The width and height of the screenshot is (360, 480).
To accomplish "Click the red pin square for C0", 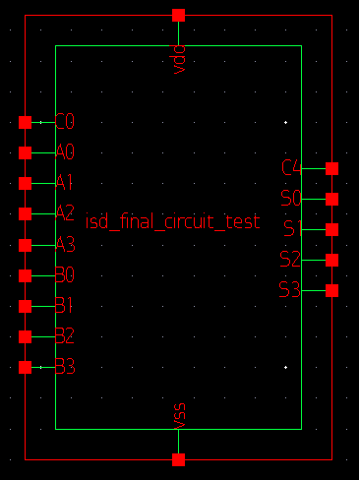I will [26, 122].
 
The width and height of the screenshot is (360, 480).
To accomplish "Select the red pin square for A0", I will [26, 152].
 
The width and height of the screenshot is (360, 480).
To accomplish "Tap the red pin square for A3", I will [26, 245].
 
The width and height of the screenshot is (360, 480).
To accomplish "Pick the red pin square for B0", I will [26, 275].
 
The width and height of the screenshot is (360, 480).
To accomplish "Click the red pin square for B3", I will [26, 367].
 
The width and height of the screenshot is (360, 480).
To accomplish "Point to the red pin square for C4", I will [331, 168].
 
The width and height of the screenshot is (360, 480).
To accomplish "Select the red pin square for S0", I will [331, 199].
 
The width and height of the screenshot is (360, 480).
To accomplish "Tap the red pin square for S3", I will [331, 290].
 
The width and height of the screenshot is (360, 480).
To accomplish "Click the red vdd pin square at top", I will [178, 15].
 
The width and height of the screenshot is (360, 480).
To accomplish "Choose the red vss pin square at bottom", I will [178, 459].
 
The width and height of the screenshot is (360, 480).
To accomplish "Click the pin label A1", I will [65, 183].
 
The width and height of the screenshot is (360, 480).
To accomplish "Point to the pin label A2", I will [65, 213].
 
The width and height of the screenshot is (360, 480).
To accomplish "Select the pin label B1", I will [65, 305].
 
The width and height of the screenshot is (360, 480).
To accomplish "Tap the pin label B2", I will [65, 335].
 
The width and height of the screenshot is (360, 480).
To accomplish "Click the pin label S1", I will [290, 229].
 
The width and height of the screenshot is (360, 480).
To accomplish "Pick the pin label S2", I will [290, 260].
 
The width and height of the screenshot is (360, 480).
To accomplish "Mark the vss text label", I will [178, 414].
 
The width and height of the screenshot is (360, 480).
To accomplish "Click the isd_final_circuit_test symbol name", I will [173, 222].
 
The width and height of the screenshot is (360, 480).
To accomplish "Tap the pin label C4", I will [290, 168].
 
